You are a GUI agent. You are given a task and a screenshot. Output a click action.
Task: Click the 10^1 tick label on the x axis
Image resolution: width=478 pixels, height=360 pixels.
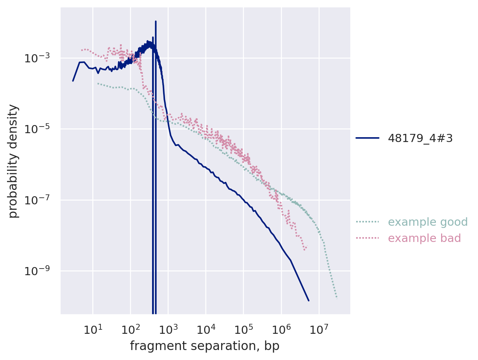pos(93,329)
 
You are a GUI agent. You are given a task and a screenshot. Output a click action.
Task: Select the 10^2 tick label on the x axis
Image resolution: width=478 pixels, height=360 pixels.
pos(130,329)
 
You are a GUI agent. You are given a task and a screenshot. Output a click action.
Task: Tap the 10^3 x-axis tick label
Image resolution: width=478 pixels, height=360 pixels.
pos(168,329)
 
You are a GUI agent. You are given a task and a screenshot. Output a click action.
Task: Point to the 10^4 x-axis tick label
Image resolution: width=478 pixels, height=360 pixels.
pos(206,329)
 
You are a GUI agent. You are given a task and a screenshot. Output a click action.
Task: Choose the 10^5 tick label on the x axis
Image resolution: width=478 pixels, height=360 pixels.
pos(243,329)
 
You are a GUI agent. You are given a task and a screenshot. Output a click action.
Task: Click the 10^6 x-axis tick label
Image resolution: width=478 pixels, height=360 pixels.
pos(281,329)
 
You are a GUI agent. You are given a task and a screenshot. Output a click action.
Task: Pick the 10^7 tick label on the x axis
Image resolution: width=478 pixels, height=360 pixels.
pos(319,329)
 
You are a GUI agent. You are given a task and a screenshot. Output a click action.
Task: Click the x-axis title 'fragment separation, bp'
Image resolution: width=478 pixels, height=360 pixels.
pos(204,346)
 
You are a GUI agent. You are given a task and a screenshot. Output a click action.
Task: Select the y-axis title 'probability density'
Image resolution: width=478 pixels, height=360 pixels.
pos(13,161)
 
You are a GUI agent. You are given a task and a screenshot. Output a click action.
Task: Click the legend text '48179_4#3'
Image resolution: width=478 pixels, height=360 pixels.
pos(420,138)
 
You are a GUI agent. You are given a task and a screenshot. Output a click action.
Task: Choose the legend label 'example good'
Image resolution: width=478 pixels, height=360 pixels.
pos(428,222)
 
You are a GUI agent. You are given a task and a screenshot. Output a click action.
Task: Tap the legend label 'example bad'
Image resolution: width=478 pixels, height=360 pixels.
pos(424,238)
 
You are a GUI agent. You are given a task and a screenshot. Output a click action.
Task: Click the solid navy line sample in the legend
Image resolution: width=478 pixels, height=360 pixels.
pos(367,138)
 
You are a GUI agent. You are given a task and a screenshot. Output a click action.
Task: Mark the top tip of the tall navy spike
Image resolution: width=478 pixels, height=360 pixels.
pos(156,21)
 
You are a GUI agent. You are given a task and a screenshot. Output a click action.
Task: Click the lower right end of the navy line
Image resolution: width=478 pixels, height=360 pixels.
pos(309,301)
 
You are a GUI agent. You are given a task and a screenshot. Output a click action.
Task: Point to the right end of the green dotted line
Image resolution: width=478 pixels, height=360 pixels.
pos(337,298)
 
